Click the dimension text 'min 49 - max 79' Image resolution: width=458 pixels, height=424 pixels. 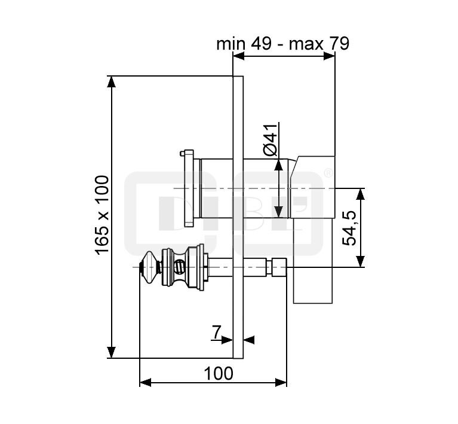click(283, 44)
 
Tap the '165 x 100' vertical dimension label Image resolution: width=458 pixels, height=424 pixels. click(103, 215)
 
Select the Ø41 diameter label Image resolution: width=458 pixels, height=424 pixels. click(271, 140)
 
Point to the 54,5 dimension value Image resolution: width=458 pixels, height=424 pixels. click(349, 228)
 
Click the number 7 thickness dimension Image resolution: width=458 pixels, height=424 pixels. click(216, 332)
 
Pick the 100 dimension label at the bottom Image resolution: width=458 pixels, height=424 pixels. click(219, 373)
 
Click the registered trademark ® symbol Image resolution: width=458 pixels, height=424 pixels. click(328, 173)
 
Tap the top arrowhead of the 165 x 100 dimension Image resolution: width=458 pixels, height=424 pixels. click(111, 82)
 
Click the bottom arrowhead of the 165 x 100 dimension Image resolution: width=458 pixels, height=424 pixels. click(111, 352)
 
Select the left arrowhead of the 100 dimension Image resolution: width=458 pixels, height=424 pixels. click(146, 382)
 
